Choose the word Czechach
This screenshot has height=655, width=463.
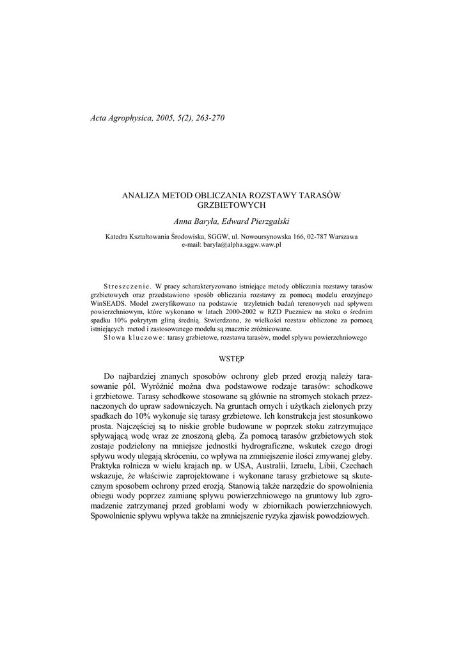click(x=355, y=467)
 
